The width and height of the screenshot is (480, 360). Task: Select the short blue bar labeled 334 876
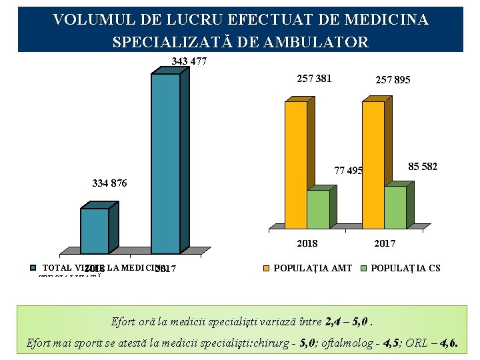click(94, 231)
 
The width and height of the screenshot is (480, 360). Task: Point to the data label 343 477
click(189, 61)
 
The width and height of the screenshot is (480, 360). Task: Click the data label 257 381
click(314, 79)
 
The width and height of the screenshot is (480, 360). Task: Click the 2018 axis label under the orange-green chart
click(307, 243)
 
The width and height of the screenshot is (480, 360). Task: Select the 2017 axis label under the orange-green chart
click(384, 243)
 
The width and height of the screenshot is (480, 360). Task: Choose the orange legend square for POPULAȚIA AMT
click(267, 269)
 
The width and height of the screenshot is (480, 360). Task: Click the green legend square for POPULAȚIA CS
click(364, 269)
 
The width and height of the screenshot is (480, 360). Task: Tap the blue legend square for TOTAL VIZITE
click(34, 268)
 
